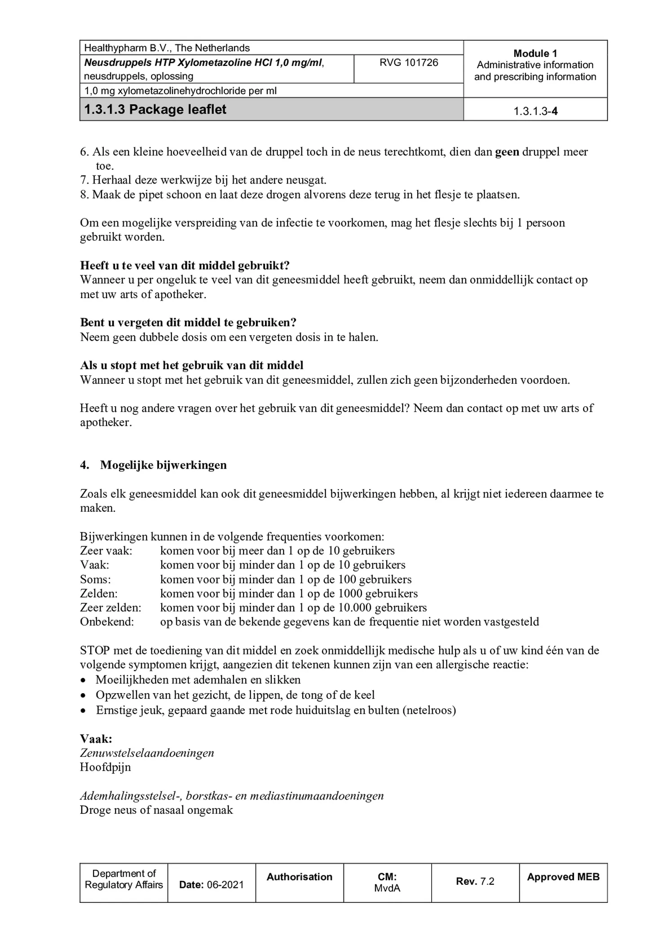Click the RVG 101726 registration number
click(x=408, y=63)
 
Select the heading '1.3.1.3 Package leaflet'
click(x=155, y=110)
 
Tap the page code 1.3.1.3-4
click(x=535, y=111)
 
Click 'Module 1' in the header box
click(x=535, y=53)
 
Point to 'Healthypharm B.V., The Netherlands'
click(x=167, y=48)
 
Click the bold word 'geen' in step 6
click(x=507, y=152)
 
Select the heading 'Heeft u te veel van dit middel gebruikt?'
click(x=185, y=265)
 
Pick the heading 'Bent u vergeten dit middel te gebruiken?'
click(x=188, y=322)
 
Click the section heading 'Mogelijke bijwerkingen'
click(x=163, y=465)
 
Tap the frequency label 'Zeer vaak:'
click(x=106, y=551)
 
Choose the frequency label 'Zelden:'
click(x=99, y=593)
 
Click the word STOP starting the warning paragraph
click(x=95, y=650)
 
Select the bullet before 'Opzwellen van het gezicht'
click(x=83, y=696)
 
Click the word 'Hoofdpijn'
click(x=106, y=767)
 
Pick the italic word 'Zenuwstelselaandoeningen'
click(x=147, y=752)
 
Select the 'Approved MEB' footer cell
click(x=563, y=877)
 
